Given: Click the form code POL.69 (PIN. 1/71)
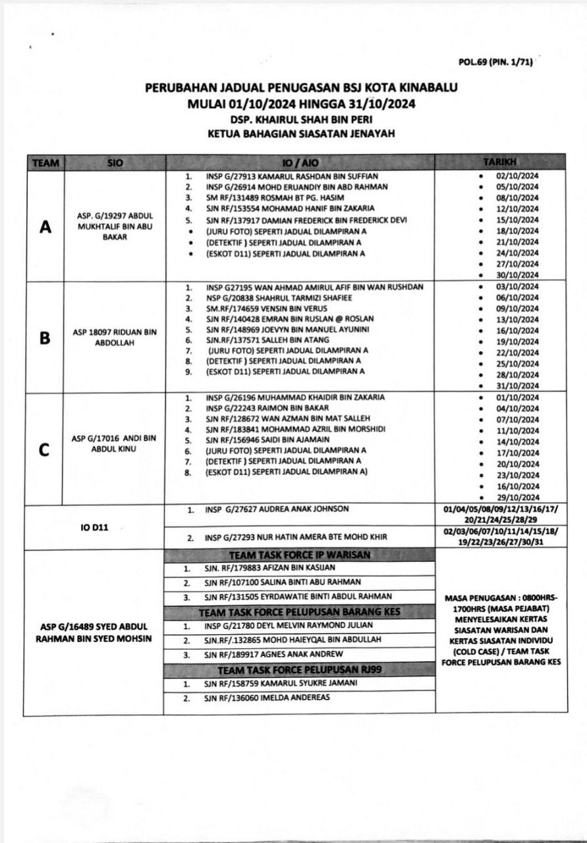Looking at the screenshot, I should [x=495, y=63].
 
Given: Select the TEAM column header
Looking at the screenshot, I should [x=45, y=162].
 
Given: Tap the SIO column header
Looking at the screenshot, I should [x=115, y=162].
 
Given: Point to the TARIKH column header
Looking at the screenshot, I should [x=500, y=162].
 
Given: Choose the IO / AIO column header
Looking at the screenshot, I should [x=300, y=162].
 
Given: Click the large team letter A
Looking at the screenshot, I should [x=45, y=227].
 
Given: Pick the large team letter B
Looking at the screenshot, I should [x=45, y=338].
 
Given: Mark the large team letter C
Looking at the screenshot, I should [x=45, y=449].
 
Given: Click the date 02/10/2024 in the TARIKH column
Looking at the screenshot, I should [x=518, y=176].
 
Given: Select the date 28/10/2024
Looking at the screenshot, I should [x=518, y=375].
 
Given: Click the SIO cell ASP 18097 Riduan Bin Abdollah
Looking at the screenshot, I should [x=115, y=338].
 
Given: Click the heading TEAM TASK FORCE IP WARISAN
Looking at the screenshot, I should [x=299, y=555].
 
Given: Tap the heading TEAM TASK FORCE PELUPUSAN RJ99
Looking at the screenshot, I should [x=299, y=669].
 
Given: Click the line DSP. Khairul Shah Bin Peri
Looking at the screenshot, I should [x=300, y=121].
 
